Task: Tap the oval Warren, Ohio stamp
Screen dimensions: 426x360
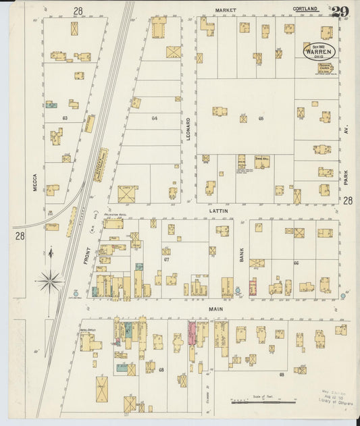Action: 317,51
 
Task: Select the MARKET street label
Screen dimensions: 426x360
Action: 224,11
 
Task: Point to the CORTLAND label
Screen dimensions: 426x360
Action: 305,9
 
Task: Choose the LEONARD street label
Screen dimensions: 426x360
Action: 188,129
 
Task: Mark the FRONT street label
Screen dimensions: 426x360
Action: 86,251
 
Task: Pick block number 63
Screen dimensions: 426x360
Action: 65,117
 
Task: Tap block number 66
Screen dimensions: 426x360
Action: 296,263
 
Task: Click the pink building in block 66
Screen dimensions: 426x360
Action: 253,286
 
